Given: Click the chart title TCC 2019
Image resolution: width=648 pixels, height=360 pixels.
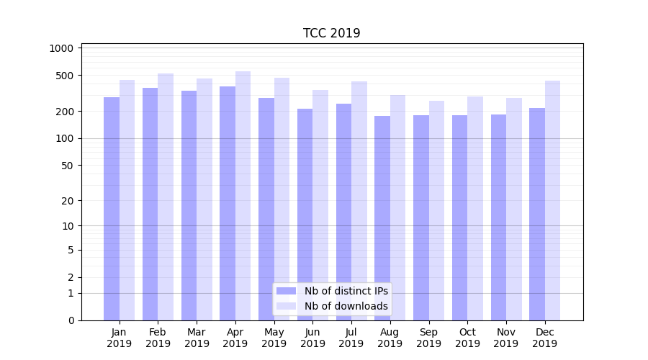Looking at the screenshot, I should point(331,33).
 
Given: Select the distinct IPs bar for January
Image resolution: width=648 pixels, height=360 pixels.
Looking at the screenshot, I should point(112,209).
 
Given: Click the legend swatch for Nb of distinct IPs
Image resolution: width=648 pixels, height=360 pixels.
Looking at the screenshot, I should point(287,291).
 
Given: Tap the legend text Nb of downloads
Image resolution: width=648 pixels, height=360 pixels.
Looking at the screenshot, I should point(346,306).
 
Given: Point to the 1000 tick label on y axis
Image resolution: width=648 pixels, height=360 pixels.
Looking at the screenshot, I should point(62,48).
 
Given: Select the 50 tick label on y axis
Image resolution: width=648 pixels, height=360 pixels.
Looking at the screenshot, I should point(67,166).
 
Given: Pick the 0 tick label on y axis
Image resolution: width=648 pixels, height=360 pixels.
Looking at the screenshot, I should point(71,320).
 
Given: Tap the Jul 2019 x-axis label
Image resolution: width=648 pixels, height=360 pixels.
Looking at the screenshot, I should point(351,338).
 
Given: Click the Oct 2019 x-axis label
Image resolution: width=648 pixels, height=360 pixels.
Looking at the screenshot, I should point(467,338).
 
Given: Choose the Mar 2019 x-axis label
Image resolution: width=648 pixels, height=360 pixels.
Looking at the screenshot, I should point(197,338).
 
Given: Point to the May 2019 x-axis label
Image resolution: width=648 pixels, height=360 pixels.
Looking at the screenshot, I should point(274,338).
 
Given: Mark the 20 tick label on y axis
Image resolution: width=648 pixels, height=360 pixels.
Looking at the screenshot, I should point(67,201).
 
